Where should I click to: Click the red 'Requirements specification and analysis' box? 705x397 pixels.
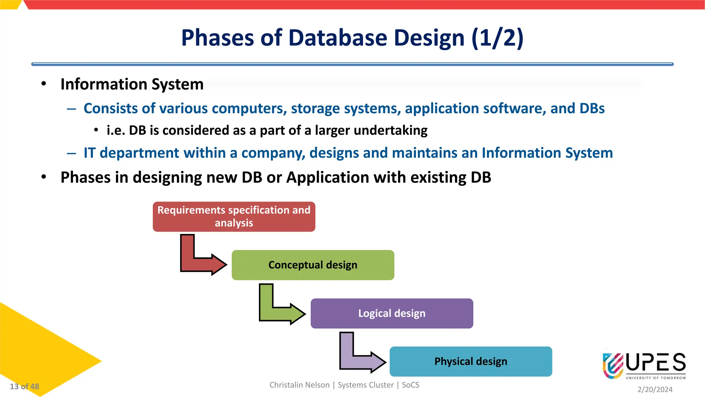point(234,216)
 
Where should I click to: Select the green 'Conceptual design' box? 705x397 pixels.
point(313,265)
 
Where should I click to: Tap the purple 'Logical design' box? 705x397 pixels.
point(392,313)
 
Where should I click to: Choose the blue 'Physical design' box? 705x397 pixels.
point(471,362)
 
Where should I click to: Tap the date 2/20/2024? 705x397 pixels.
point(655,389)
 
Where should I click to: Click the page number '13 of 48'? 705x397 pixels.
point(24,386)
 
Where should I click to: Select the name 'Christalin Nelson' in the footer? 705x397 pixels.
point(299,385)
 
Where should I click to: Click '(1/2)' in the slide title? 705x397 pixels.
point(497,38)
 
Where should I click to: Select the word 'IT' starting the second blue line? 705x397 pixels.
point(89,153)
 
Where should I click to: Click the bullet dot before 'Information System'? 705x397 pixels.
point(44,84)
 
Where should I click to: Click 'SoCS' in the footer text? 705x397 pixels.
point(410,385)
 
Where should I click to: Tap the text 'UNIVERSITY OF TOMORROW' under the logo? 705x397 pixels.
point(656,378)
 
